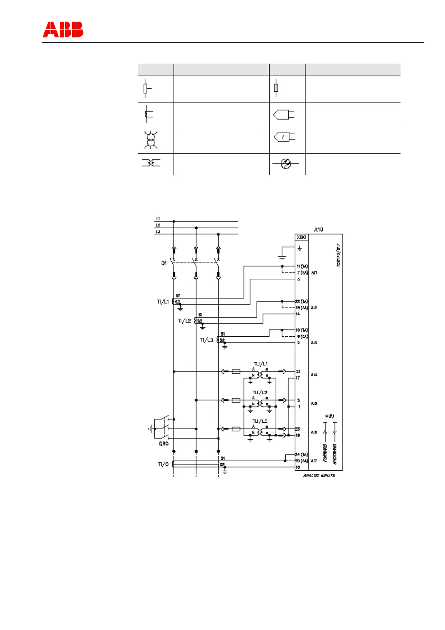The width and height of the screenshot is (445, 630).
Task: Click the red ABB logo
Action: pos(63,30)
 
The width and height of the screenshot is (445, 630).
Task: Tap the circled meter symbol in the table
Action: pos(285,163)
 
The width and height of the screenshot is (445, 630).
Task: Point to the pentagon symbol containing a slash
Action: pos(285,137)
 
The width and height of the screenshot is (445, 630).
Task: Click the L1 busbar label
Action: pos(158,218)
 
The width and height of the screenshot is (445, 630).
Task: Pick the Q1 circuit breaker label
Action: pos(164,263)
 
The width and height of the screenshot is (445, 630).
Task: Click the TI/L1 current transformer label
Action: pos(163,302)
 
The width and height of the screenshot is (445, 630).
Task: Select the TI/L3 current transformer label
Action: pos(207,340)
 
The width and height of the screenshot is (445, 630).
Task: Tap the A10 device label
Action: pos(318,229)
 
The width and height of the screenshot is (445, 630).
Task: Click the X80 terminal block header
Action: pos(301,237)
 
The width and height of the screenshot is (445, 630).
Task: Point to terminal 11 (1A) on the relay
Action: pos(302,266)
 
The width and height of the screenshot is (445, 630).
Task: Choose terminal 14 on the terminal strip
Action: pos(298,314)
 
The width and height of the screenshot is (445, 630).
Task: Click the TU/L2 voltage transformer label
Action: pos(260,392)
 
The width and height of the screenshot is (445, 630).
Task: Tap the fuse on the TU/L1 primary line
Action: pos(236,371)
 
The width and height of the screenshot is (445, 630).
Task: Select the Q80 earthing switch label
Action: pos(164,443)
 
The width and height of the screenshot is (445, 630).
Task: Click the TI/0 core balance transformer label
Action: pos(163,464)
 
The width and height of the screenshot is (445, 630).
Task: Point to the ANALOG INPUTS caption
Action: pos(319,475)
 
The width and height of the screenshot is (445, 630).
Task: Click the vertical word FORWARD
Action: pos(325,453)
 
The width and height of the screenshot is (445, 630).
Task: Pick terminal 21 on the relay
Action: pos(298,371)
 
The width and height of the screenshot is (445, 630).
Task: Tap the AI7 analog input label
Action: pos(314,461)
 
